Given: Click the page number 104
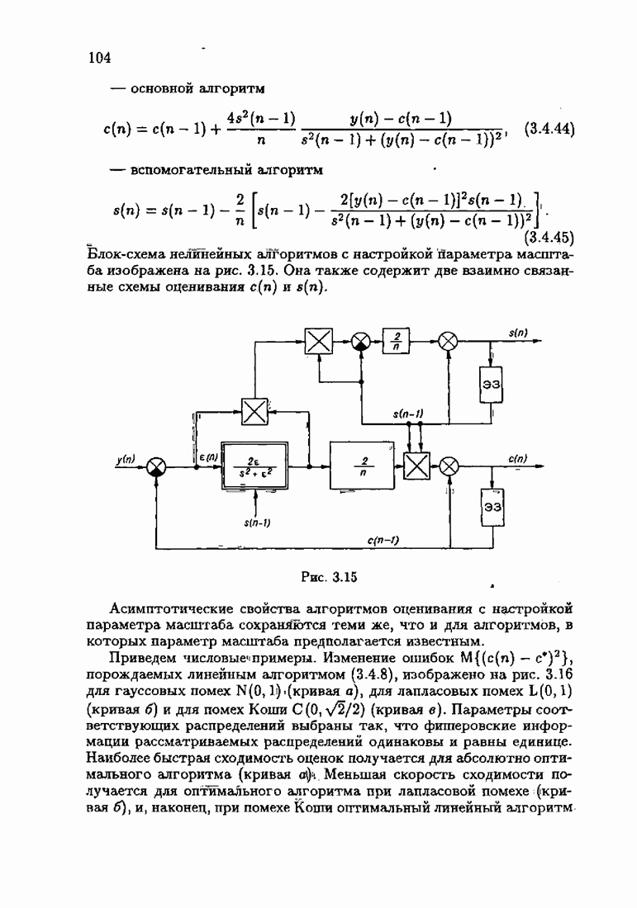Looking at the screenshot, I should pyautogui.click(x=99, y=57).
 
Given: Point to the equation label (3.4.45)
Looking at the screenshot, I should pyautogui.click(x=549, y=237).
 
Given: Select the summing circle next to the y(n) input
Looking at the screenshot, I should pyautogui.click(x=157, y=466).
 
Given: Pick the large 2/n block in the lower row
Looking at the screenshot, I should pyautogui.click(x=364, y=466).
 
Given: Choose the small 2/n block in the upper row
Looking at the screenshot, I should pyautogui.click(x=397, y=341).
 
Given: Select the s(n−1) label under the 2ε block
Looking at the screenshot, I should pyautogui.click(x=259, y=522).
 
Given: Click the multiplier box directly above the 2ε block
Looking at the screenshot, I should pyautogui.click(x=254, y=409).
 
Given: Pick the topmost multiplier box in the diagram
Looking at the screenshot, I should pyautogui.click(x=317, y=341).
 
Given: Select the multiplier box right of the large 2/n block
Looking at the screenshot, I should pyautogui.click(x=416, y=466).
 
